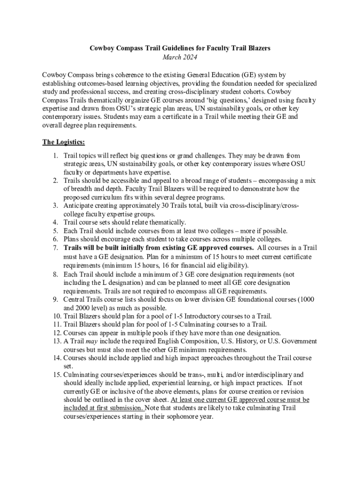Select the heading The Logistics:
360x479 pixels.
(64, 142)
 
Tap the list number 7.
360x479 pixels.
(55, 248)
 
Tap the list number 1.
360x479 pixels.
(55, 155)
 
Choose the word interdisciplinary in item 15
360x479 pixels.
(265, 375)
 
